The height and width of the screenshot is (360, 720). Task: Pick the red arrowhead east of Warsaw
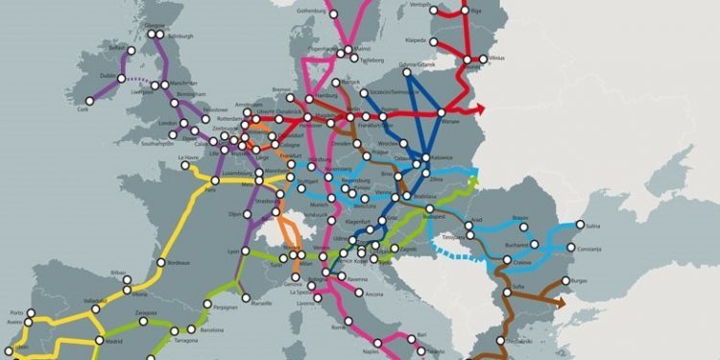[480, 109]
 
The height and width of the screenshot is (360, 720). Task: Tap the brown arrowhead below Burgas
[560, 300]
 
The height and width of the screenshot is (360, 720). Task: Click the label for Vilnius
[495, 58]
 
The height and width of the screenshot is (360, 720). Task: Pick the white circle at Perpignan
[207, 305]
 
